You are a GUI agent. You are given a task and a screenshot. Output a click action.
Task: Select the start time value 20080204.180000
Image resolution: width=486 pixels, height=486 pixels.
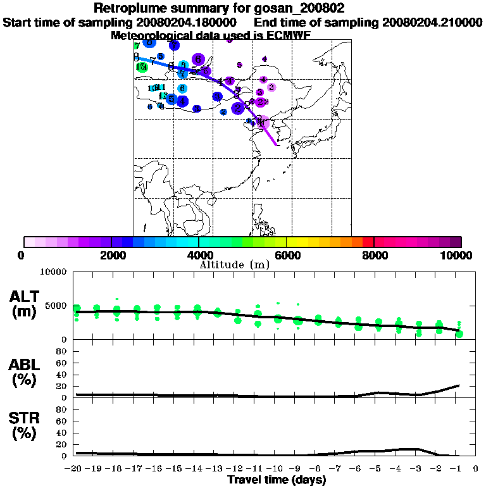pos(190,23)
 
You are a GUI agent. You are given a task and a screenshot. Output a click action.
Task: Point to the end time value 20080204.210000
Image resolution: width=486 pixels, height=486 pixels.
pos(432,23)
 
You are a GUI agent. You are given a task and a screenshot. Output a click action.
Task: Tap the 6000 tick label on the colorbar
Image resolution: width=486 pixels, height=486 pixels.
pos(287,256)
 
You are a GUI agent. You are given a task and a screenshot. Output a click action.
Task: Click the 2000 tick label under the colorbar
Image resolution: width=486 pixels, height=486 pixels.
pos(111,256)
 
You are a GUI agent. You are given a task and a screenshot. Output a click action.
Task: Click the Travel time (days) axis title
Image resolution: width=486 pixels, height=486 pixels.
pos(277,480)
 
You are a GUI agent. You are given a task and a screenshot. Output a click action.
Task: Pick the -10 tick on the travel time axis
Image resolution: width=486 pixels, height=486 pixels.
pos(277,469)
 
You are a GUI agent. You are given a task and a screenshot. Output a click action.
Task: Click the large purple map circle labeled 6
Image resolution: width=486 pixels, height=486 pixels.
pos(199,59)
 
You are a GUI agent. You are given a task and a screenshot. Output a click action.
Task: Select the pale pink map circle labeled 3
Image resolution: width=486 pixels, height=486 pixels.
pos(271,87)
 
